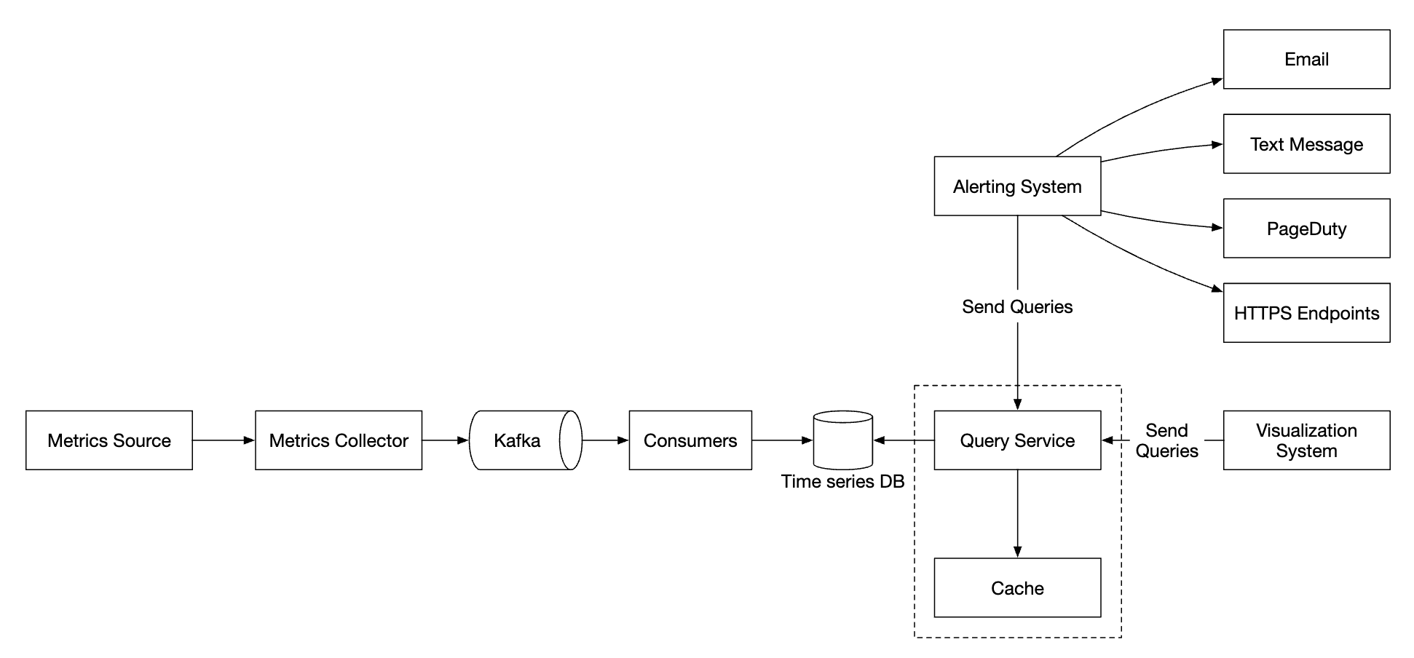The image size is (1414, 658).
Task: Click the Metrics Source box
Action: (109, 440)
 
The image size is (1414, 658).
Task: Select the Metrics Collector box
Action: (339, 440)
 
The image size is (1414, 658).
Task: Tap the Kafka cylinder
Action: (517, 440)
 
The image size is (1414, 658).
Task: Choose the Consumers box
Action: (690, 440)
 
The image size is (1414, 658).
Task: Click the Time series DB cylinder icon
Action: (842, 440)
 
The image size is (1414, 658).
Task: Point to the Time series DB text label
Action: (842, 482)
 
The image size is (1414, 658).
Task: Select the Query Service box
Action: (1017, 440)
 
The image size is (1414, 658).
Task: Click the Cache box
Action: (1017, 588)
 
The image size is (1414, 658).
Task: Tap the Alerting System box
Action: (1017, 186)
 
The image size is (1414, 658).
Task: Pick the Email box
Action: (1306, 60)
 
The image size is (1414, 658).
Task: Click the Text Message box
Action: (1306, 144)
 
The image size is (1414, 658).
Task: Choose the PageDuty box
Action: (1306, 229)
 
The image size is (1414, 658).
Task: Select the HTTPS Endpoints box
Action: (1306, 313)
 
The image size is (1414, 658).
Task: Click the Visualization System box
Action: (1306, 440)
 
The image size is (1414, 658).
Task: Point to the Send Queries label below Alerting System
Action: (1017, 307)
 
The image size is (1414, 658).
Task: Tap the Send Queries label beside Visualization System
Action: (1166, 440)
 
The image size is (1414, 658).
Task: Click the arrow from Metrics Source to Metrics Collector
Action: (224, 440)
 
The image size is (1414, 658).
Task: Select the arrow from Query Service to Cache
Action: (1017, 514)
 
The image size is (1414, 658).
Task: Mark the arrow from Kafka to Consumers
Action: (605, 440)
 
